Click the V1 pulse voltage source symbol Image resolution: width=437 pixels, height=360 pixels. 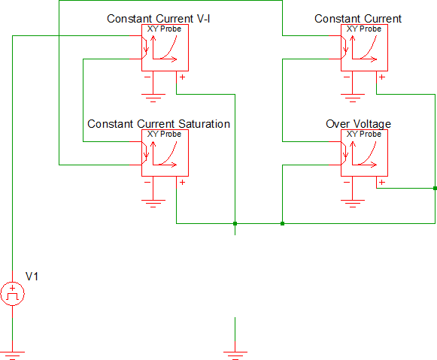point(12,293)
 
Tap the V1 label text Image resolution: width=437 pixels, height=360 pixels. point(32,277)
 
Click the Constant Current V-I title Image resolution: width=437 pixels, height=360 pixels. point(158,19)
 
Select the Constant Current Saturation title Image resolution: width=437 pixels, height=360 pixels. point(159,124)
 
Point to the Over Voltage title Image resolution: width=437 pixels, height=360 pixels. point(358,124)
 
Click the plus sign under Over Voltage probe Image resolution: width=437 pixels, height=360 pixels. point(382,182)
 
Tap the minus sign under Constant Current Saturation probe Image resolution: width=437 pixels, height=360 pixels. point(147,182)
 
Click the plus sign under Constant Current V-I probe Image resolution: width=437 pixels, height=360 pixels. point(182,77)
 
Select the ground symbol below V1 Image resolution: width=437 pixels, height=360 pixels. point(12,355)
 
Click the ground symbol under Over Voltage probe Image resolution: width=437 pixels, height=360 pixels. point(353,204)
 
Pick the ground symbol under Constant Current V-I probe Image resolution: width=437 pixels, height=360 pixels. point(153,98)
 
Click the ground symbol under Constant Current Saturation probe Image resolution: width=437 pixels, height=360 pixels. point(153,204)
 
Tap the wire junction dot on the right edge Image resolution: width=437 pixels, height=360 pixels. point(435,188)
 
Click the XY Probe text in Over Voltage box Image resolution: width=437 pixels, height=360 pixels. point(363,134)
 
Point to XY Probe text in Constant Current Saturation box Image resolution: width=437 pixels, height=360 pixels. point(164,134)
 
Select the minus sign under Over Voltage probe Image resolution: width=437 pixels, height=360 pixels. point(347,182)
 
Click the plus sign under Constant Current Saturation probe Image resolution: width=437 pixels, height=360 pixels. point(182,182)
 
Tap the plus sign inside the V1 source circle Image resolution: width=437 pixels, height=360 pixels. point(12,288)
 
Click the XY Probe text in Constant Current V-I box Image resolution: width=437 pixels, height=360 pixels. point(164,29)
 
